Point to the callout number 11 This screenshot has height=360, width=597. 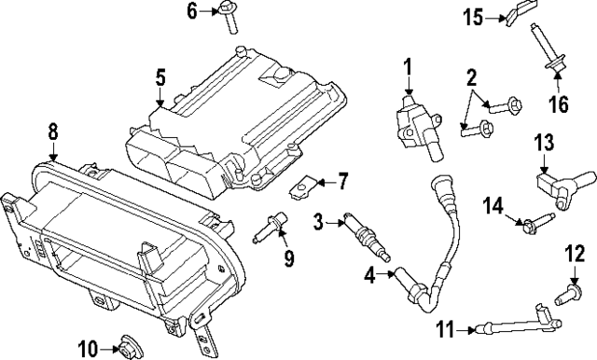click(445, 328)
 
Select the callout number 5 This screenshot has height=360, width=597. click(160, 77)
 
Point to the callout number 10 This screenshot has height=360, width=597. click(87, 349)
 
